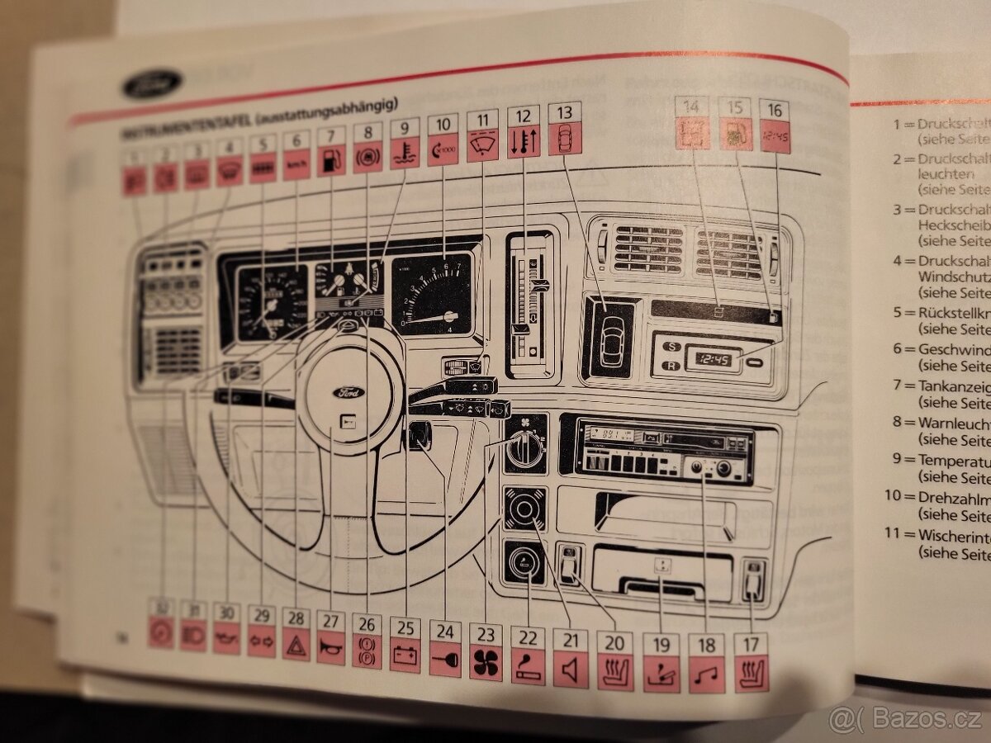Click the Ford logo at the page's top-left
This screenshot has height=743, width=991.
click(152, 83)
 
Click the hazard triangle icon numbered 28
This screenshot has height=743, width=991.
click(295, 645)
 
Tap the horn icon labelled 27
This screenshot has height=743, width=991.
click(330, 648)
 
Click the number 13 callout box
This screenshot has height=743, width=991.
click(564, 112)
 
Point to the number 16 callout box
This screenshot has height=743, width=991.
click(775, 111)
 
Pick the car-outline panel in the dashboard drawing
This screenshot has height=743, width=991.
click(609, 338)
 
